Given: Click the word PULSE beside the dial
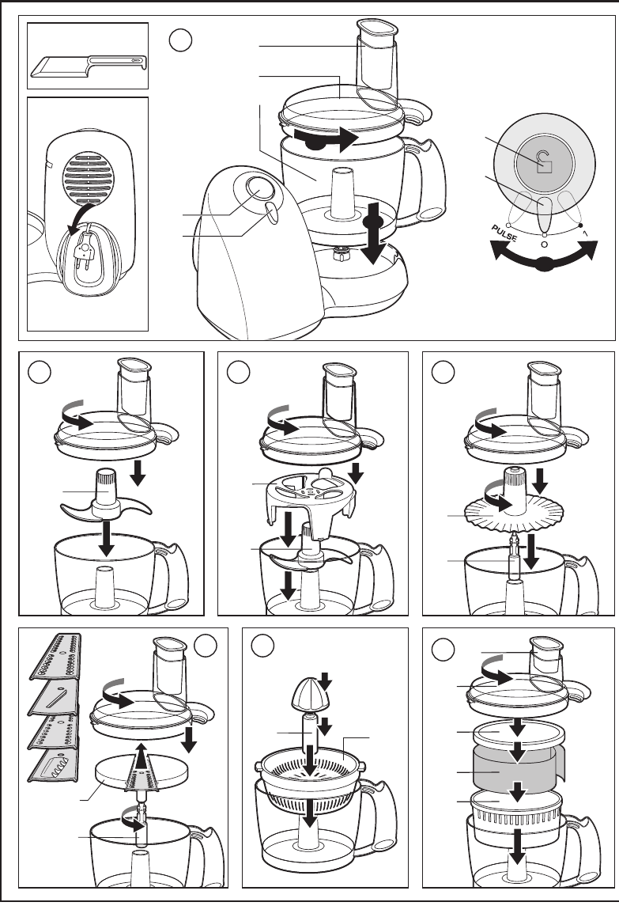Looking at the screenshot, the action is (x=504, y=233).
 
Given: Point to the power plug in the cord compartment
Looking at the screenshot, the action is (x=85, y=250).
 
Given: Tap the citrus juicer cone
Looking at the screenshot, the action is (x=311, y=693).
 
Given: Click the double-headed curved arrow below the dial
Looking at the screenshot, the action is (x=544, y=257).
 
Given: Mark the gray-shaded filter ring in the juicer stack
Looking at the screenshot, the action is (x=518, y=767).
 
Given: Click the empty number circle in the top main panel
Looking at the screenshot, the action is (x=181, y=40).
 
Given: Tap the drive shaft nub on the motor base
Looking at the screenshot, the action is (x=340, y=254).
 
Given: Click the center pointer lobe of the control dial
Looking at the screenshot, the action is (x=545, y=214).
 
